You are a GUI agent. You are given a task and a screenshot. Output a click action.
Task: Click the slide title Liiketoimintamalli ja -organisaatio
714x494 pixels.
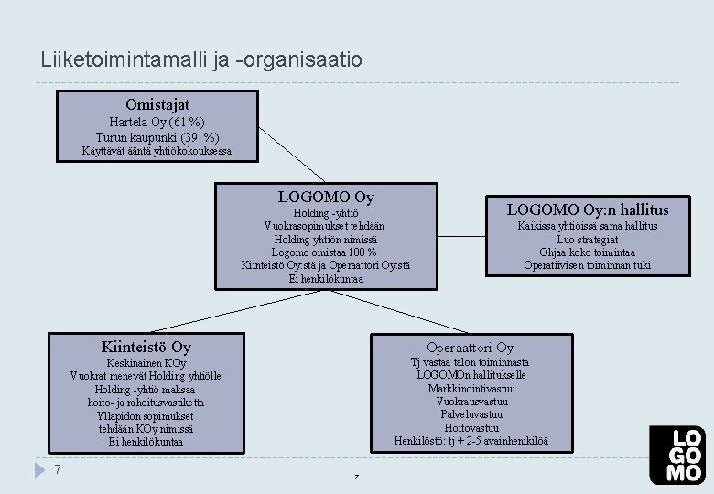click(x=201, y=60)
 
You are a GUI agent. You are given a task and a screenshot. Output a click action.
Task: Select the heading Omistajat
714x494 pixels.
click(x=157, y=105)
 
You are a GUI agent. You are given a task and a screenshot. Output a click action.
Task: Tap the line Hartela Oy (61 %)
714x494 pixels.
click(x=157, y=122)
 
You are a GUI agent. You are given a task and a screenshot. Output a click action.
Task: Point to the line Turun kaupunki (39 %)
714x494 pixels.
click(x=157, y=136)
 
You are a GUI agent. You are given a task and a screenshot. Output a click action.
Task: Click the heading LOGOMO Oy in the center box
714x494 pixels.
click(x=326, y=197)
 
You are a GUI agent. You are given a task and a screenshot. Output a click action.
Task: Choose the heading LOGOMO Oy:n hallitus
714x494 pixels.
click(x=588, y=209)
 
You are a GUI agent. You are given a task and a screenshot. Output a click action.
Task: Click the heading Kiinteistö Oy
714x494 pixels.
click(x=146, y=347)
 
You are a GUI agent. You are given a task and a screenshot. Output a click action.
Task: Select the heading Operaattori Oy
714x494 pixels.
click(x=470, y=347)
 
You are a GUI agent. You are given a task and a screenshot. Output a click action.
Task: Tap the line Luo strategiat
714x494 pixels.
click(x=587, y=239)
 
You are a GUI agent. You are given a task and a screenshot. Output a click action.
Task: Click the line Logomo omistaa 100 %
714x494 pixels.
click(x=325, y=252)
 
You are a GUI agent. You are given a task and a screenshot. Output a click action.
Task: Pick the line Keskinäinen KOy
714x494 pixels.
click(x=146, y=363)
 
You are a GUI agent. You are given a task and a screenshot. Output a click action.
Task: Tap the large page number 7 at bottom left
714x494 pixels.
click(x=58, y=469)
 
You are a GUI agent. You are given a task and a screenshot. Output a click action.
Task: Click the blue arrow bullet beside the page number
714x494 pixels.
click(x=38, y=470)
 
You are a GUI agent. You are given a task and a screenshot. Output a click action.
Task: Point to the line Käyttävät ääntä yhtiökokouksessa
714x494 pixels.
click(x=157, y=151)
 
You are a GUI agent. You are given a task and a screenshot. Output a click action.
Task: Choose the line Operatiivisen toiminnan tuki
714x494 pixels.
click(x=587, y=265)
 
